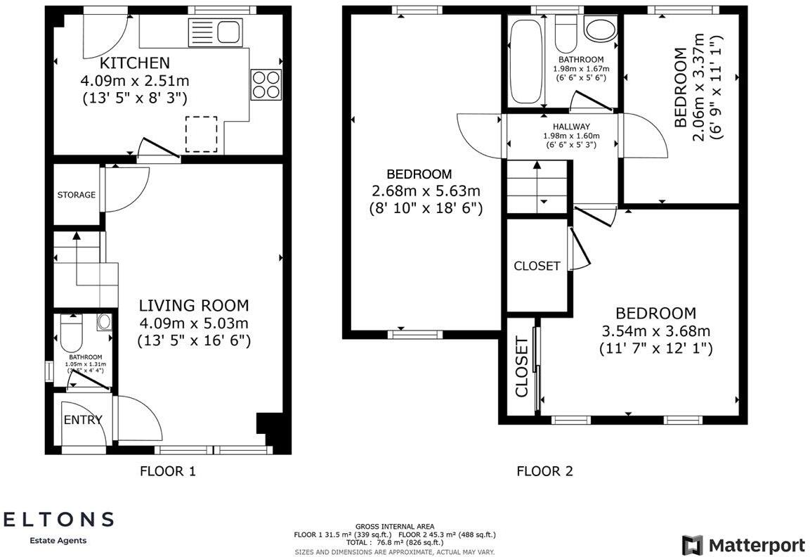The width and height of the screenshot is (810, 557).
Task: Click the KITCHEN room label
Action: click(134, 63)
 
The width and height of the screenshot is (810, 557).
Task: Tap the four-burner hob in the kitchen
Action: click(266, 84)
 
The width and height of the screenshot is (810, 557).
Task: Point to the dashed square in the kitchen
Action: click(202, 134)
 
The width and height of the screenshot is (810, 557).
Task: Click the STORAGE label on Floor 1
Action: click(77, 195)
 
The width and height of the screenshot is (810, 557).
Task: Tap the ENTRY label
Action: click(83, 420)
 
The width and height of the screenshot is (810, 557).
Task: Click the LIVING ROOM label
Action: click(193, 305)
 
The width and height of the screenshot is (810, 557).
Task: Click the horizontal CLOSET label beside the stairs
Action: click(537, 266)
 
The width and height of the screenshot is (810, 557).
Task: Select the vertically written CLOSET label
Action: click(521, 367)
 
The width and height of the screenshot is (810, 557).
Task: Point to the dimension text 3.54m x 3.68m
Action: click(655, 331)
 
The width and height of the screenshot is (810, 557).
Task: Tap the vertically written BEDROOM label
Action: click(680, 87)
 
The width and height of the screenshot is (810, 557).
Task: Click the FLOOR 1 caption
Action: click(168, 471)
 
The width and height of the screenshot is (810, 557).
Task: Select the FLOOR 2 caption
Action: click(544, 471)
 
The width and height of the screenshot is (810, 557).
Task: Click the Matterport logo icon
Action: click(692, 545)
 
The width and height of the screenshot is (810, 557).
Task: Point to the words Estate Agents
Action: click(58, 540)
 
